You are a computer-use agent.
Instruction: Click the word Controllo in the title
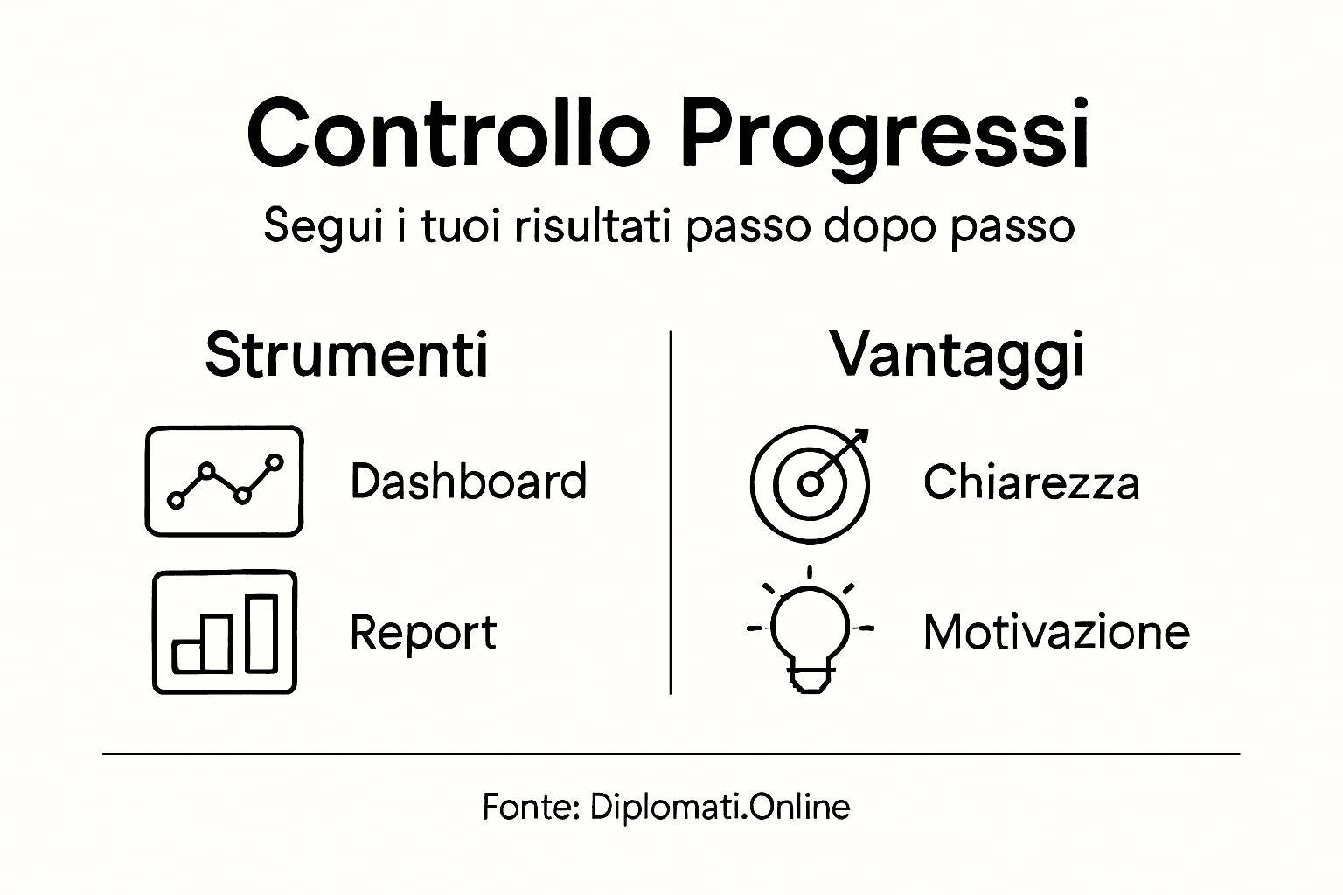tap(449, 133)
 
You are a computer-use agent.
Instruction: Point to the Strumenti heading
tap(346, 355)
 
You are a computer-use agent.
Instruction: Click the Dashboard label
tap(468, 482)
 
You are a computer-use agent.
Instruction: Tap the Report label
tap(422, 632)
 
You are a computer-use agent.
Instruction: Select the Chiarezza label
tap(1031, 482)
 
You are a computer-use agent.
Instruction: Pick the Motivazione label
tap(1056, 632)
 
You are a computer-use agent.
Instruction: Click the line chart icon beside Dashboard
tap(224, 481)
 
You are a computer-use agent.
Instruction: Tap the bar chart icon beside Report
tap(225, 632)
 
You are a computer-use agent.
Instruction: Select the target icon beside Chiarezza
tap(811, 483)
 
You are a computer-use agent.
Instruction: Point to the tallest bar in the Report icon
tap(261, 633)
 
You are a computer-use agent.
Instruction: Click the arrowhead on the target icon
tap(860, 436)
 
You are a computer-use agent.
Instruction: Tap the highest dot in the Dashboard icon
tap(275, 461)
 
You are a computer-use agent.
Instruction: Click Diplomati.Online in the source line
tap(720, 807)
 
